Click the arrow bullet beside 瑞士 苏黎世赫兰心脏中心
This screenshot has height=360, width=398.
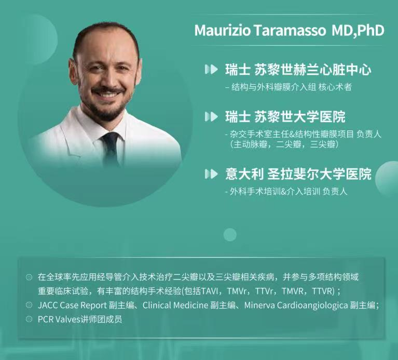211,70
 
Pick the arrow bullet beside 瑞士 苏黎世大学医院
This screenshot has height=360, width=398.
211,116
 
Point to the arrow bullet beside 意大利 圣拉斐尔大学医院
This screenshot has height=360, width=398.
211,175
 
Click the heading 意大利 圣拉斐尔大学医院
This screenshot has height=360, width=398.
298,175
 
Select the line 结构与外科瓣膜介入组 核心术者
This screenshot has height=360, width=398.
289,87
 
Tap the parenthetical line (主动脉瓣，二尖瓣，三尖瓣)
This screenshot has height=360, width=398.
284,145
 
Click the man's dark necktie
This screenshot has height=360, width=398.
111,148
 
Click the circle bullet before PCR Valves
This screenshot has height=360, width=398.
29,319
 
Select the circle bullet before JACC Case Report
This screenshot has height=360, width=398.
29,305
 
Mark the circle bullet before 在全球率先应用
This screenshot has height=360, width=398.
29,277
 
